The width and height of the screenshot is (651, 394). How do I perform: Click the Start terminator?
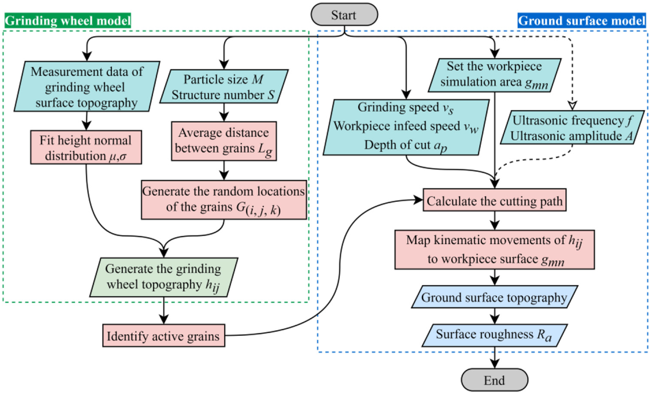(x=344, y=15)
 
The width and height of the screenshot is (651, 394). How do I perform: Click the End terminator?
(x=494, y=380)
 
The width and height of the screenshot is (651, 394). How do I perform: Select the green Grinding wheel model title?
(x=67, y=21)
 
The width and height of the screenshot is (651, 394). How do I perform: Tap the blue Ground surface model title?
(x=582, y=21)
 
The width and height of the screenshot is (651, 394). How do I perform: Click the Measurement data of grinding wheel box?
(x=87, y=86)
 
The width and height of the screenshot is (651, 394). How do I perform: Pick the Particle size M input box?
(x=224, y=86)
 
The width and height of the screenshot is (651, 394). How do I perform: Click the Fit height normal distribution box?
(x=86, y=147)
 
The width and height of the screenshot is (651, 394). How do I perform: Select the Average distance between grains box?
(x=224, y=141)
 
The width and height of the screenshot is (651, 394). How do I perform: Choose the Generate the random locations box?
(x=224, y=200)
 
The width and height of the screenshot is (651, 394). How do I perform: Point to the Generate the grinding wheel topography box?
(x=164, y=277)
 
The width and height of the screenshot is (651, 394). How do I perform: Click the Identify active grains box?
(x=164, y=335)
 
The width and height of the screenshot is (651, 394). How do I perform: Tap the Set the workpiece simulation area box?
(x=495, y=75)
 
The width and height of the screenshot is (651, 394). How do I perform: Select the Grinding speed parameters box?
(x=406, y=127)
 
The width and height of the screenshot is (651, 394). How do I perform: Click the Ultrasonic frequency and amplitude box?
(x=572, y=127)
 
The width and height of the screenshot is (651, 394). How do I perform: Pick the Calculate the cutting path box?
(x=494, y=200)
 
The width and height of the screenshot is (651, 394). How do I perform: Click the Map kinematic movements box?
(x=494, y=250)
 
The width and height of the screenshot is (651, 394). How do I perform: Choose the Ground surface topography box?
(x=494, y=297)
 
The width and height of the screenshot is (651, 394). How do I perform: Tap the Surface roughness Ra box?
(x=494, y=335)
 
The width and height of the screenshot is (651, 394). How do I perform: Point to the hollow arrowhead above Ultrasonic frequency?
(x=572, y=105)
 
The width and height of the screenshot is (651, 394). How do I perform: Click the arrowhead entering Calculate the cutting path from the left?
(x=418, y=200)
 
